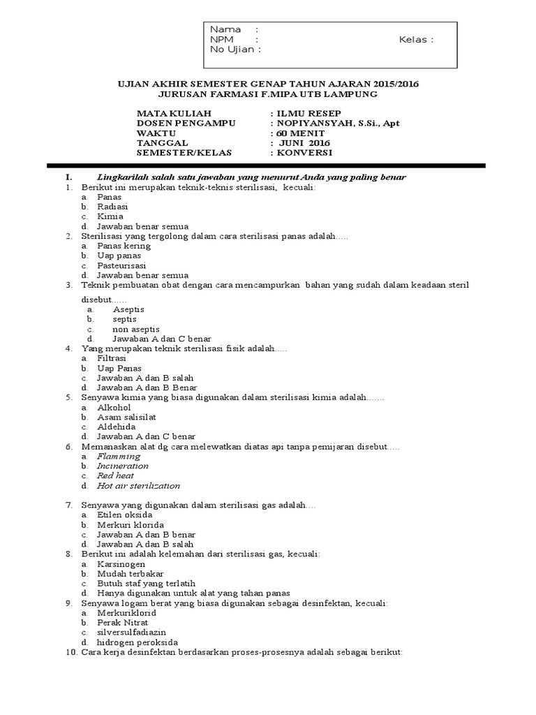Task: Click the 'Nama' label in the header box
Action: (225, 29)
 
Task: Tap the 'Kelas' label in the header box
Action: (414, 39)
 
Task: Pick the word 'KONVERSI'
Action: (305, 152)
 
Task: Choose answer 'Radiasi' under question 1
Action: (112, 207)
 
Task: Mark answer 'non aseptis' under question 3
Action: (136, 329)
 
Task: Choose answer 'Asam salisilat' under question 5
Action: (126, 417)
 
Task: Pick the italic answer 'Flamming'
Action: (119, 456)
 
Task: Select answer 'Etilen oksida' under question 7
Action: (125, 515)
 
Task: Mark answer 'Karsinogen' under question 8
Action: (121, 563)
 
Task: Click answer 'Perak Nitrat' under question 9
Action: (122, 622)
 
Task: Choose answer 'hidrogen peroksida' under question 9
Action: (137, 642)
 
